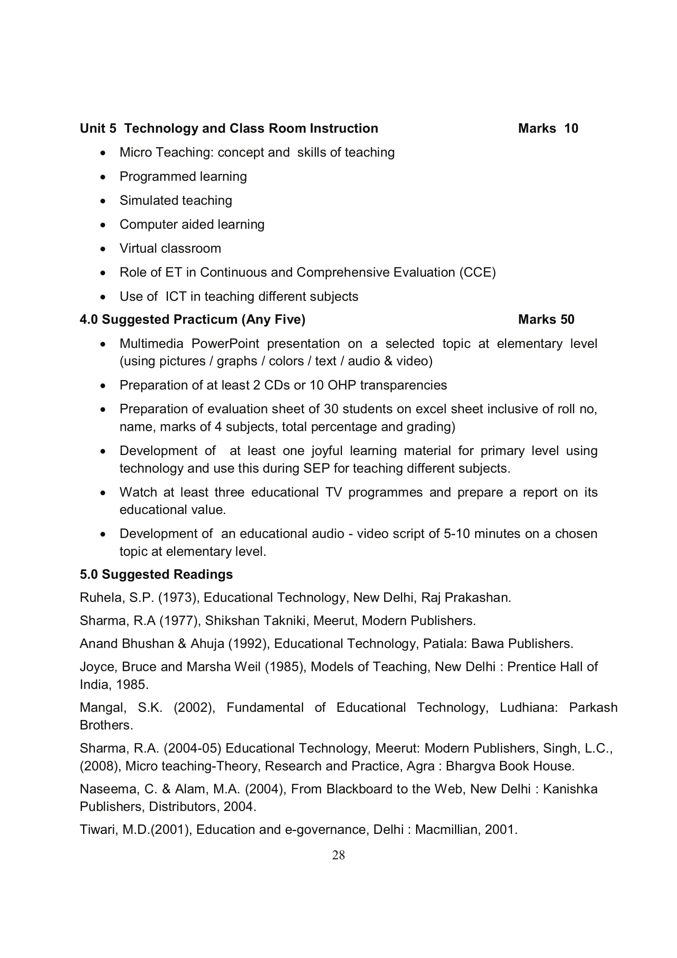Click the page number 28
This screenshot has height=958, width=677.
click(x=338, y=855)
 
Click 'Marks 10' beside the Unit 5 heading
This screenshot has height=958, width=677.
click(x=548, y=129)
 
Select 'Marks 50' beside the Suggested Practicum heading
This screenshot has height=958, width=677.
click(x=546, y=319)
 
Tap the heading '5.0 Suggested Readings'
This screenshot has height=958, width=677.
click(x=156, y=575)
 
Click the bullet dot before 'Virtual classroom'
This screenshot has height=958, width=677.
click(x=103, y=249)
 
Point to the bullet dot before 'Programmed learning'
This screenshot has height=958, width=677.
click(x=103, y=177)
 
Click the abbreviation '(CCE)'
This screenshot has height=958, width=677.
click(x=477, y=272)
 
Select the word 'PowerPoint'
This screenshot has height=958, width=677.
click(x=225, y=344)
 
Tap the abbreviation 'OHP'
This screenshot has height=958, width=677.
click(x=342, y=385)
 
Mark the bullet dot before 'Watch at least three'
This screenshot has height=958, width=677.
click(x=103, y=493)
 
